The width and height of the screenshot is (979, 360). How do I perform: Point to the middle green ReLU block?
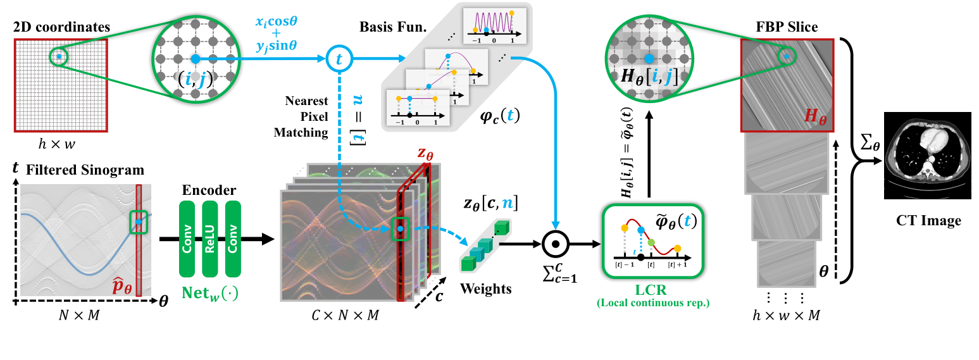(x=211, y=239)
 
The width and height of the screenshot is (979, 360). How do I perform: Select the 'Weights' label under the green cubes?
(x=485, y=289)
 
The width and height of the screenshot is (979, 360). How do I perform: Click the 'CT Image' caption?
(x=928, y=220)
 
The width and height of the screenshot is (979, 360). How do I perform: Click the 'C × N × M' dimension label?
(x=347, y=314)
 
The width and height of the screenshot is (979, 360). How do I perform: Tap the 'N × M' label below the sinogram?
(x=79, y=314)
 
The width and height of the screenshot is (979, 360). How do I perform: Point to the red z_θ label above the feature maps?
(x=425, y=154)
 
